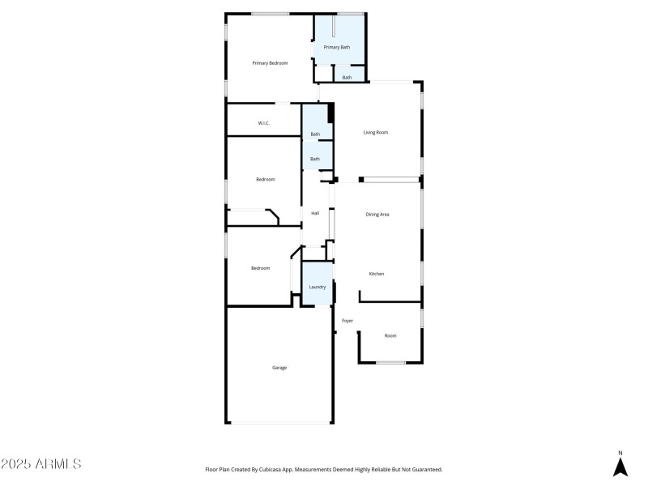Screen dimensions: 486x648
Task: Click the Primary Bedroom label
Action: click(270, 63)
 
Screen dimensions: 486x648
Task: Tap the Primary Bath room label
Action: click(337, 48)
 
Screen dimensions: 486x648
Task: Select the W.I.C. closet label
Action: click(263, 123)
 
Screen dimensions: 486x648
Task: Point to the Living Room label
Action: click(376, 132)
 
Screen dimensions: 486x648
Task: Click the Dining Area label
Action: click(377, 214)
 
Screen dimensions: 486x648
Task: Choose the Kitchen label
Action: click(377, 274)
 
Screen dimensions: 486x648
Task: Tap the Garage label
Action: click(279, 368)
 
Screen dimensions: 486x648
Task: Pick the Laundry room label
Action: click(317, 287)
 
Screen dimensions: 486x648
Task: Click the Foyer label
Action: click(347, 321)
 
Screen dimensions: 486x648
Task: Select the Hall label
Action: click(315, 214)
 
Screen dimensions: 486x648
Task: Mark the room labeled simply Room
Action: click(390, 335)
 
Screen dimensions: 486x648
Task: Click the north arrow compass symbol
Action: click(620, 467)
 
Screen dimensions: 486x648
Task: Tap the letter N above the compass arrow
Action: click(620, 453)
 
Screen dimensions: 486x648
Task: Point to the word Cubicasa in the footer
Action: click(274, 469)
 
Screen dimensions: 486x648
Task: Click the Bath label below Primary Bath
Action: click(347, 78)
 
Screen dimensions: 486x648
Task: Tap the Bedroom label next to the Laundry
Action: click(260, 268)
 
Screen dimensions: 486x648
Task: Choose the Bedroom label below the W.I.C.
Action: click(266, 179)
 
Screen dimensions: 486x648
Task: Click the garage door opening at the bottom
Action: click(279, 422)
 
